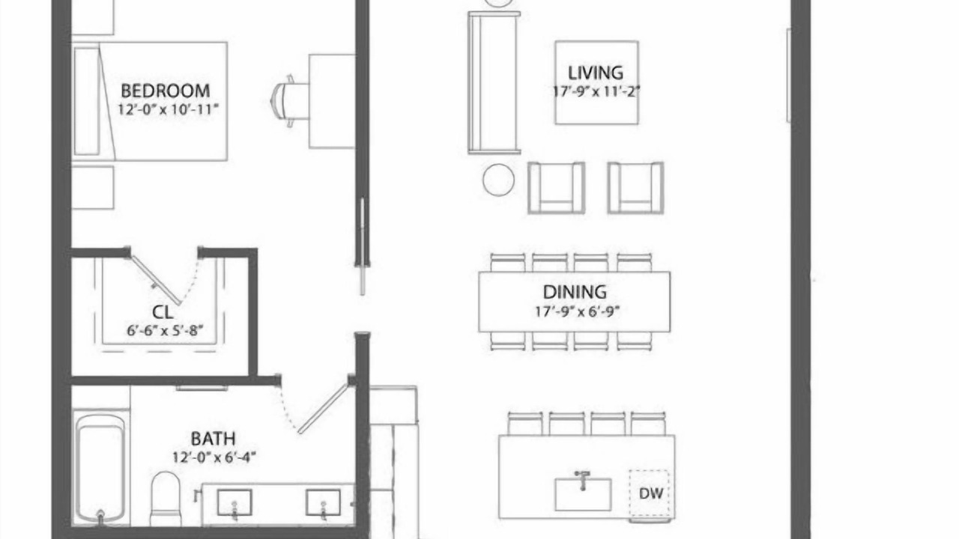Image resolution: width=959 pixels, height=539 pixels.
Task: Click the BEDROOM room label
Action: click(166, 91)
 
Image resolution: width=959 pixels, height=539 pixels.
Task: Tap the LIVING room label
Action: click(596, 73)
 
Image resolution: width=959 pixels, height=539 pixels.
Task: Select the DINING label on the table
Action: click(575, 292)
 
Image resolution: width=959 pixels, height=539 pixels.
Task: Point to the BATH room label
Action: click(213, 439)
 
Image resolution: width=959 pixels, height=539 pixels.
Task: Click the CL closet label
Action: click(163, 312)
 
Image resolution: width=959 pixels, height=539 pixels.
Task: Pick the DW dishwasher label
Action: click(651, 493)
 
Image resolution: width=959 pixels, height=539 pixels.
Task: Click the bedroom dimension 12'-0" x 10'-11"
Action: click(169, 109)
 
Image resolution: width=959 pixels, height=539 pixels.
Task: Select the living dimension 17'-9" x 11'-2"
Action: click(597, 91)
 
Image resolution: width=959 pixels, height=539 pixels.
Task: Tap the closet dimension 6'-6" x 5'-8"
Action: click(165, 330)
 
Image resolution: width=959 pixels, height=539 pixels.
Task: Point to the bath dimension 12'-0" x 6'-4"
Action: click(214, 457)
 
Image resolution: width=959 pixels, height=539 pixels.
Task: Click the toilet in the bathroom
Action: click(166, 499)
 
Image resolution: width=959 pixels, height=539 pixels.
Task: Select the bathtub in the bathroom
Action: click(100, 469)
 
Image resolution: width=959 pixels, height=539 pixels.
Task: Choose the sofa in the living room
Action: click(494, 82)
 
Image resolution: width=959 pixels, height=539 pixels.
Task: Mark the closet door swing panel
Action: click(156, 280)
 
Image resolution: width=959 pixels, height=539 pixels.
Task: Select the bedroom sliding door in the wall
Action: click(362, 246)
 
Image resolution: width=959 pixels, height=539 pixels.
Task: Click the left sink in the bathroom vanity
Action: click(235, 502)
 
